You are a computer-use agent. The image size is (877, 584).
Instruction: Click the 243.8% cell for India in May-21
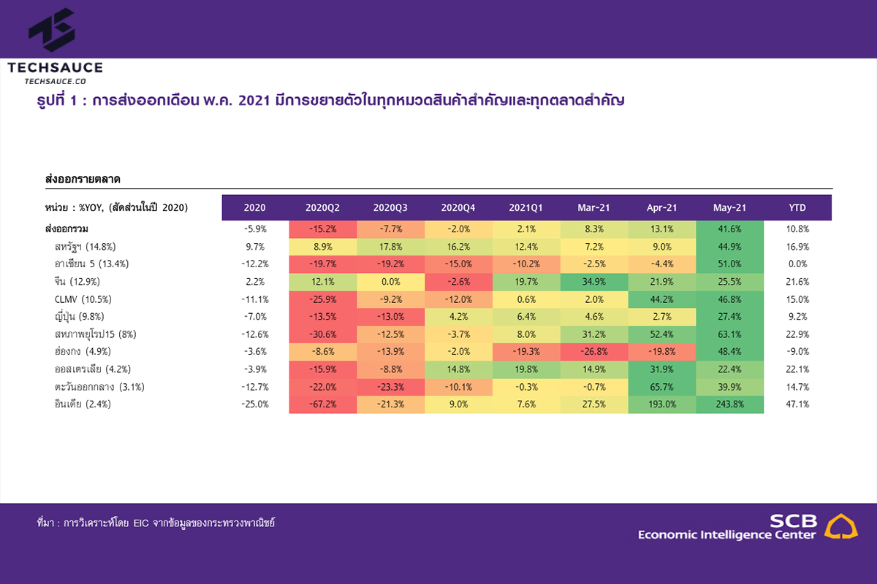[729, 404]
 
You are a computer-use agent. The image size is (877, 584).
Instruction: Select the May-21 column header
[729, 208]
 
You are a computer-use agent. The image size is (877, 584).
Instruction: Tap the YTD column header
[797, 208]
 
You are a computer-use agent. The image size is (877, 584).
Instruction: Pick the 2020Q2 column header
[323, 208]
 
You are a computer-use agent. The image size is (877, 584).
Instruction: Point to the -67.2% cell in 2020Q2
[323, 404]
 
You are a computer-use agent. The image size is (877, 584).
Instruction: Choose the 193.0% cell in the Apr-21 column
[661, 404]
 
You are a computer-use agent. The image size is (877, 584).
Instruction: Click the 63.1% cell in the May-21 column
[729, 334]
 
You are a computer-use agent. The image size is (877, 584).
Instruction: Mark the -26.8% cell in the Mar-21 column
[593, 351]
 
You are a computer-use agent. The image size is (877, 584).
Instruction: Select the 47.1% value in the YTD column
[797, 404]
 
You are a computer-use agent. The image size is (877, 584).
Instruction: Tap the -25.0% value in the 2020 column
[255, 404]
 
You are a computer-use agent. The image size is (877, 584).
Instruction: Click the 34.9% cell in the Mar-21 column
[593, 281]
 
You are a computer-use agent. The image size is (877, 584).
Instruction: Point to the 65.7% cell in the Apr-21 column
[661, 386]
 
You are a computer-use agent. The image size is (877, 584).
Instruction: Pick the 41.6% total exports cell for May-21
[729, 228]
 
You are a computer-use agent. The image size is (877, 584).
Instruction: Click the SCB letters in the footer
[793, 520]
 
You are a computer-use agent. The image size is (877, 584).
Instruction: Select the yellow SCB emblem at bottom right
[841, 526]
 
